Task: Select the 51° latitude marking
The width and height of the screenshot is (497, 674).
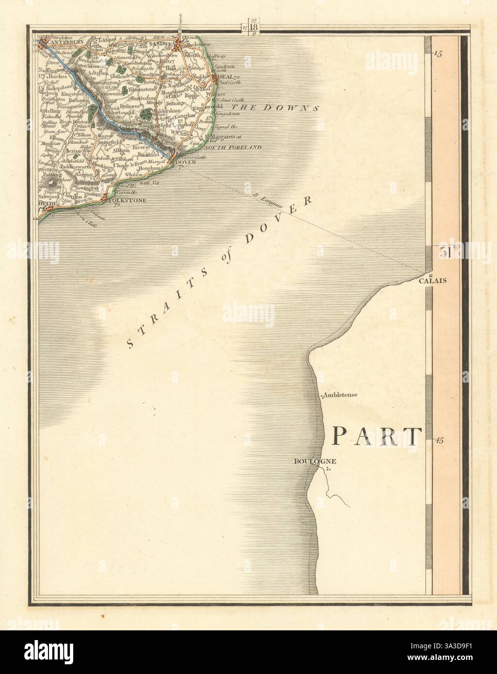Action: [449, 252]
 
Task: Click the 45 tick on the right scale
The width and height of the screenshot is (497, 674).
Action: [439, 440]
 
